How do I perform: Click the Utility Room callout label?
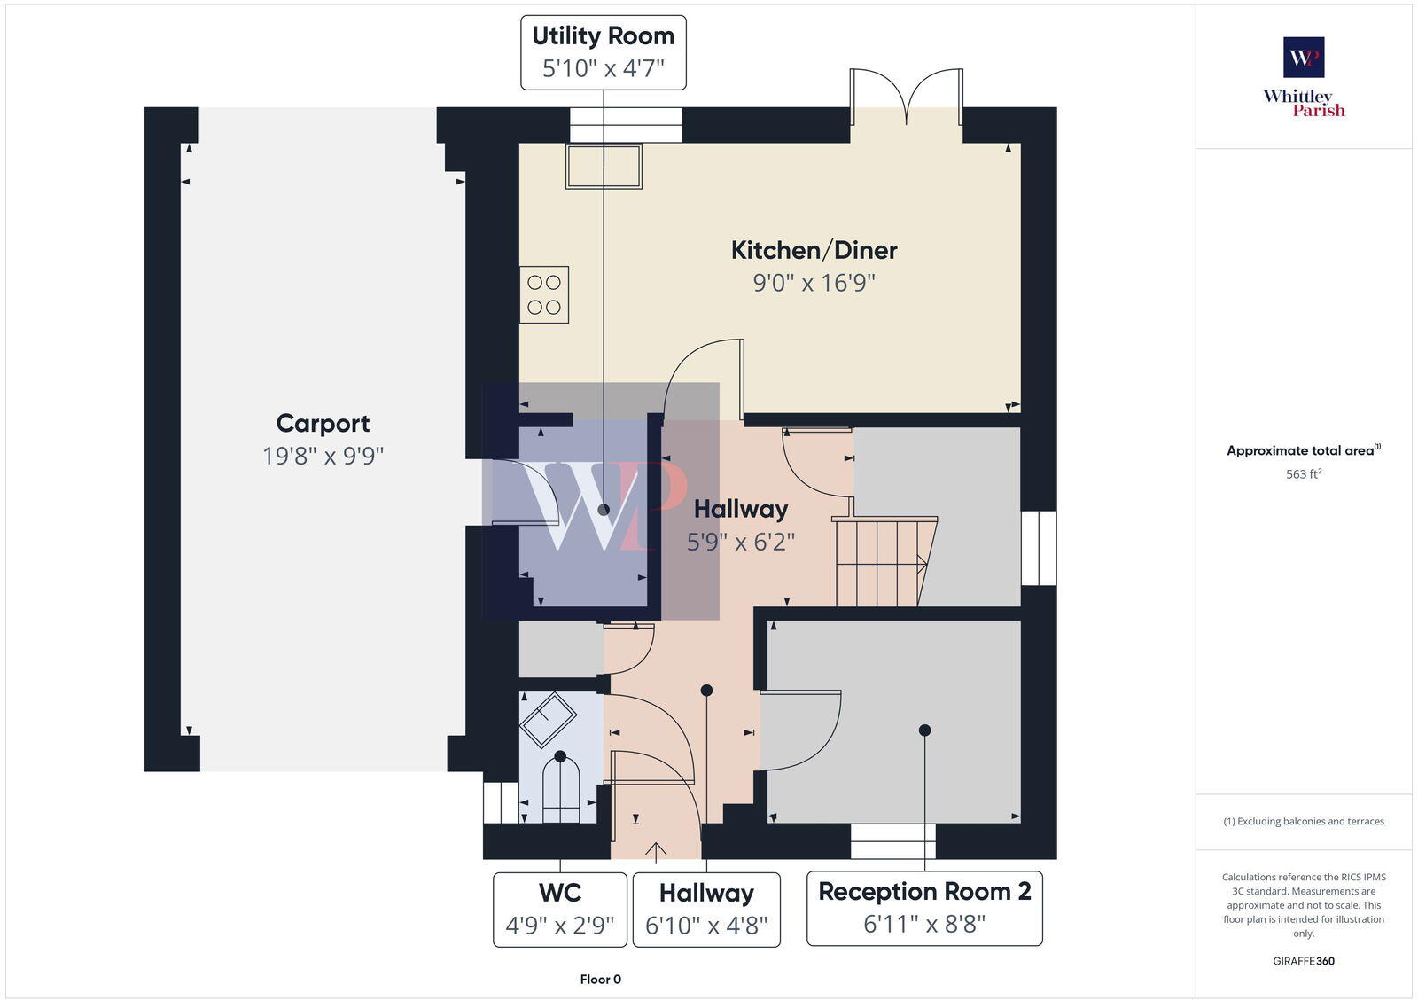pyautogui.click(x=603, y=51)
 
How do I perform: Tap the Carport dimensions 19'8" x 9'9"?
pyautogui.click(x=323, y=456)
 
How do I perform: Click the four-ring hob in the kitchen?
pyautogui.click(x=544, y=294)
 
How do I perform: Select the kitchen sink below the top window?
pyautogui.click(x=604, y=167)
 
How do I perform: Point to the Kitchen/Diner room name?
pyautogui.click(x=814, y=250)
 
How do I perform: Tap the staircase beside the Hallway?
pyautogui.click(x=883, y=562)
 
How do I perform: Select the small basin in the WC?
pyautogui.click(x=548, y=718)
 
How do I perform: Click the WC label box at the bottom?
pyautogui.click(x=560, y=909)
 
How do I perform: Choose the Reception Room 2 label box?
pyautogui.click(x=924, y=908)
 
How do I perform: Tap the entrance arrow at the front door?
pyautogui.click(x=656, y=851)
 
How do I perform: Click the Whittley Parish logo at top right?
pyautogui.click(x=1304, y=78)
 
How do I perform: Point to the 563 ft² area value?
pyautogui.click(x=1304, y=474)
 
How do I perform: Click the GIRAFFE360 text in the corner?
pyautogui.click(x=1304, y=961)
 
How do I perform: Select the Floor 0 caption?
pyautogui.click(x=600, y=980)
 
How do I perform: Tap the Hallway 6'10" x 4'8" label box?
pyautogui.click(x=706, y=909)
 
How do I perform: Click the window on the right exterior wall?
pyautogui.click(x=1039, y=548)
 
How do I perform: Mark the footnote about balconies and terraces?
pyautogui.click(x=1304, y=821)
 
